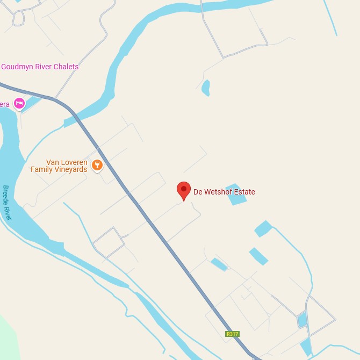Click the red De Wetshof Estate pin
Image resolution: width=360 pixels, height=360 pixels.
pyautogui.click(x=184, y=190)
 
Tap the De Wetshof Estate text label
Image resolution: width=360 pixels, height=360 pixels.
pyautogui.click(x=224, y=192)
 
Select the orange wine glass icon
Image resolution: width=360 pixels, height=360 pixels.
pyautogui.click(x=97, y=164)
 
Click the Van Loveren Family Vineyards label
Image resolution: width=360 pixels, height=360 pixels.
pyautogui.click(x=59, y=165)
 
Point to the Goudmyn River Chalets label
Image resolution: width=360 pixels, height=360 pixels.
pyautogui.click(x=40, y=67)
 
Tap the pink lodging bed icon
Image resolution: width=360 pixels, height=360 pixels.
pyautogui.click(x=19, y=103)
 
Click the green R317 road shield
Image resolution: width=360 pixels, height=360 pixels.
pyautogui.click(x=232, y=334)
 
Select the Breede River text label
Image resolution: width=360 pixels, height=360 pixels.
pyautogui.click(x=7, y=203)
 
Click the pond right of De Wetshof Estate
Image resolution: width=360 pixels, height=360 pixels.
pyautogui.click(x=236, y=195)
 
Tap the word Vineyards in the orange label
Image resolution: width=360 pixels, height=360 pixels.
pyautogui.click(x=70, y=169)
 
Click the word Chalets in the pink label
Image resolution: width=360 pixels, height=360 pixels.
pyautogui.click(x=67, y=67)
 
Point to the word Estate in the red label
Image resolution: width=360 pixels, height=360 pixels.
pyautogui.click(x=243, y=192)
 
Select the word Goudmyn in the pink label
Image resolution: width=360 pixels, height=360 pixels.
pyautogui.click(x=16, y=67)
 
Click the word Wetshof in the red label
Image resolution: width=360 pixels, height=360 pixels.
pyautogui.click(x=217, y=192)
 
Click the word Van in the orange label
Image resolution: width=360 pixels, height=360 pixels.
pyautogui.click(x=53, y=162)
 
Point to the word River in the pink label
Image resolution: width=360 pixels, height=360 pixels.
pyautogui.click(x=43, y=67)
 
